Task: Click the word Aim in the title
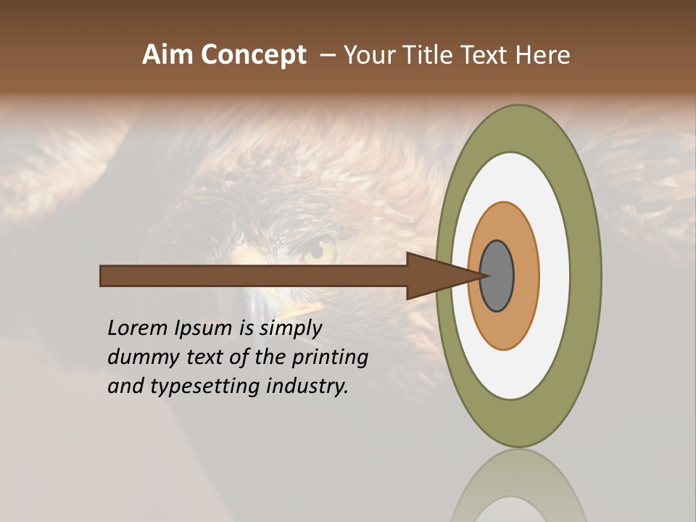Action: [x=167, y=54]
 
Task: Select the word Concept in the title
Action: [x=252, y=54]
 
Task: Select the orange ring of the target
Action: [x=526, y=275]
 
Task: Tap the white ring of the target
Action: [x=554, y=275]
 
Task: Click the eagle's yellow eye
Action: [x=319, y=249]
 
